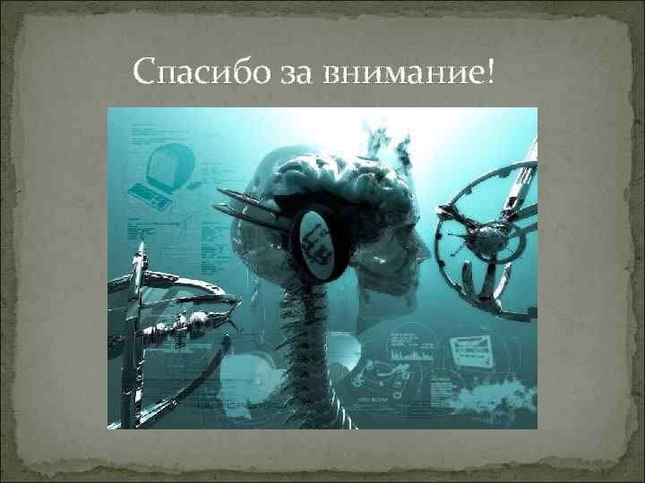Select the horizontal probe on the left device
click(x=184, y=331)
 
